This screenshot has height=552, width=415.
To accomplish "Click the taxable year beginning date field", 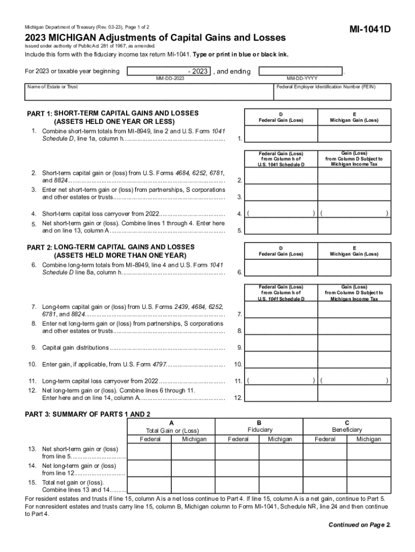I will [x=169, y=71].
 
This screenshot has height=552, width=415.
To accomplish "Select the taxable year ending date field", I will [x=301, y=71].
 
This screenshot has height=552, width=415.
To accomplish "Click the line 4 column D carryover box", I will [x=280, y=213].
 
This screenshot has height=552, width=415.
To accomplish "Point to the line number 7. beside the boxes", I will [x=238, y=314].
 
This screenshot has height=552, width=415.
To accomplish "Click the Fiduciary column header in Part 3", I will [x=260, y=430].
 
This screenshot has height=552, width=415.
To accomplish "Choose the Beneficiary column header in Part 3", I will [x=347, y=430].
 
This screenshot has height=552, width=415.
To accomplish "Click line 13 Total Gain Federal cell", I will [x=149, y=452].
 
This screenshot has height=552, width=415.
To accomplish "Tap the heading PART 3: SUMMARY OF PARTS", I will [x=88, y=414].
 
